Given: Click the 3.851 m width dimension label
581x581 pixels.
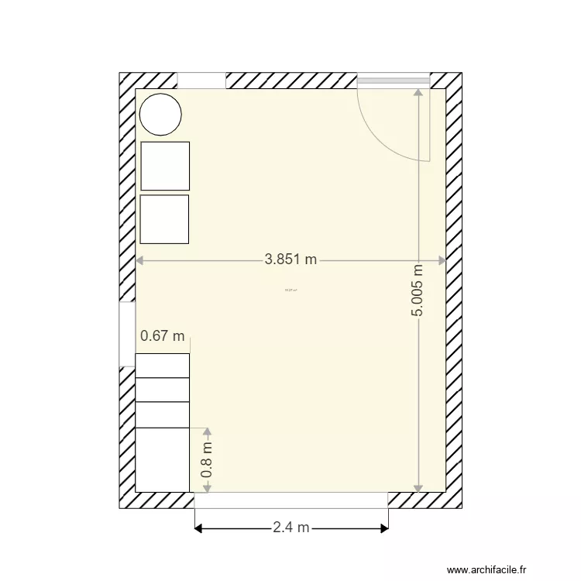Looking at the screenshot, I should point(290,260).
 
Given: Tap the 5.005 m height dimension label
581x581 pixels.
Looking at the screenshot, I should point(418,290).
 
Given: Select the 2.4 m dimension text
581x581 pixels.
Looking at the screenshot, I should point(290,528).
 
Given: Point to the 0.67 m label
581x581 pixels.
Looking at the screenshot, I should point(163,336).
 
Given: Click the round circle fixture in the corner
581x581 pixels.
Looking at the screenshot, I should point(160,114).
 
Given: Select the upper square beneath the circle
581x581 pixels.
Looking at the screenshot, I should point(165,166).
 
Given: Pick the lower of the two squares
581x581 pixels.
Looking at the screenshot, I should point(165,219).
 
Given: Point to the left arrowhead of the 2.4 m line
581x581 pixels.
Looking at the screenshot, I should point(198,529).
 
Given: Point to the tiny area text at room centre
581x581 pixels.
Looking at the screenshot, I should point(291,290).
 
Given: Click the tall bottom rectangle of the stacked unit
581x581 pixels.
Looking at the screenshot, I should point(163,459).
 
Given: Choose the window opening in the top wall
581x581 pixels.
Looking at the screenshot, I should point(201,81).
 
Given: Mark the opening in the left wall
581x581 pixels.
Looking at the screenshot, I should point(127,333).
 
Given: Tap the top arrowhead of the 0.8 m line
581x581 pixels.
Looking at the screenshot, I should point(207,431).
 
